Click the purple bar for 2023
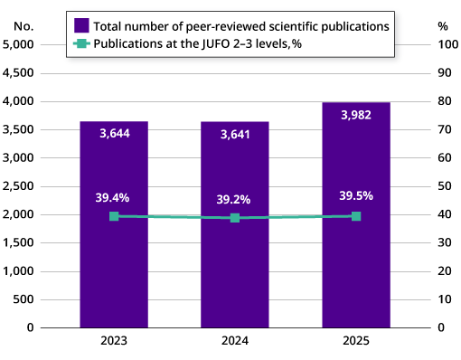[x=114, y=262]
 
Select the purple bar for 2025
[x=356, y=262]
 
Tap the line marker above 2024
[x=235, y=217]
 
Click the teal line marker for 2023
[x=114, y=216]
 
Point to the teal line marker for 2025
[x=356, y=216]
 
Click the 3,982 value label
[x=356, y=115]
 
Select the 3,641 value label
[x=235, y=135]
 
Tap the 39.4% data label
[x=114, y=197]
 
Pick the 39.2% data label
[x=235, y=199]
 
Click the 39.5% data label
[x=356, y=195]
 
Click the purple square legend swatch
[x=81, y=25]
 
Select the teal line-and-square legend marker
[x=81, y=43]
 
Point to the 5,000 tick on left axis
[x=19, y=44]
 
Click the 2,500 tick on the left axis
[x=19, y=186]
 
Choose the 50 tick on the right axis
[x=443, y=186]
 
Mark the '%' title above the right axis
[x=443, y=25]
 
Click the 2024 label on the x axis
[x=235, y=342]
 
